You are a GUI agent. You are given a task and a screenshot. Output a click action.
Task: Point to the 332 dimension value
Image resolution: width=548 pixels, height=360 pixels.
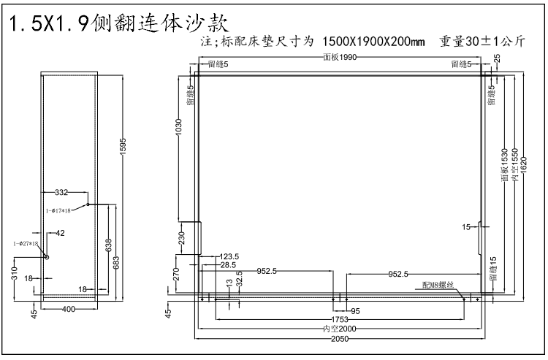click(61, 193)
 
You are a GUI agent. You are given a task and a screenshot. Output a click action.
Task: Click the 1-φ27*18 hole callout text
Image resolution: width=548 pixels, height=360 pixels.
click(25, 243)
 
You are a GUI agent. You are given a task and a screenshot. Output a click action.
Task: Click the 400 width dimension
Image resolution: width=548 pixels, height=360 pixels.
click(68, 310)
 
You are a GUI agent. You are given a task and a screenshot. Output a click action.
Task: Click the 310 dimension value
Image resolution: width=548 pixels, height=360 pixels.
click(15, 274)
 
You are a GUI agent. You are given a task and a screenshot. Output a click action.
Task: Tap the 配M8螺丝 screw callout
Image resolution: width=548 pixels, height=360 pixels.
click(438, 285)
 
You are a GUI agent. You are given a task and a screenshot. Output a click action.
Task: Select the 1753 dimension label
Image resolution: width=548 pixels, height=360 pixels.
click(338, 319)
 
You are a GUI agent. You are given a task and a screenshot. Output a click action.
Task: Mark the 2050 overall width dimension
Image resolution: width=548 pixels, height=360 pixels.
click(338, 339)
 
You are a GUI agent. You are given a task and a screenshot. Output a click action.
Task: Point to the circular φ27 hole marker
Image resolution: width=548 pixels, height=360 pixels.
click(46, 256)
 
